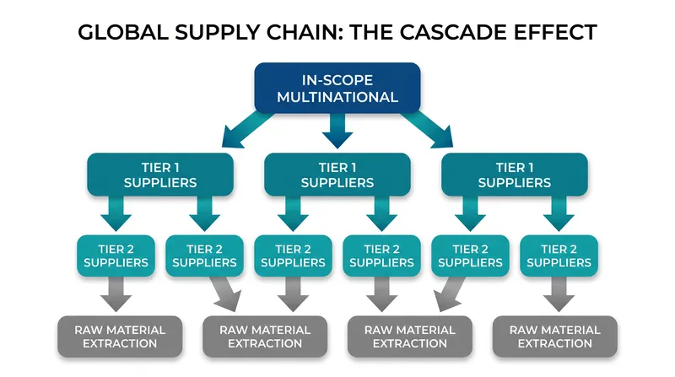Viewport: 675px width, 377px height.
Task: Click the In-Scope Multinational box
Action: [x=337, y=89]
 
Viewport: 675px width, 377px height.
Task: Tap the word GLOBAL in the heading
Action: [x=123, y=32]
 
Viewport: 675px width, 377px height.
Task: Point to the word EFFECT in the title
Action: [x=555, y=32]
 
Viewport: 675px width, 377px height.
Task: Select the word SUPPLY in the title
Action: [x=217, y=32]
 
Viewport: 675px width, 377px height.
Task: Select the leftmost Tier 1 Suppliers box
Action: [x=160, y=175]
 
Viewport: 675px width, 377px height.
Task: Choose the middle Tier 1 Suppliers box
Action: [x=337, y=175]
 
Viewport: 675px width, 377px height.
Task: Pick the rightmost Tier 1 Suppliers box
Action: [x=515, y=175]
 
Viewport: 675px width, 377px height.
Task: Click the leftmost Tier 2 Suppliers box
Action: [x=116, y=256]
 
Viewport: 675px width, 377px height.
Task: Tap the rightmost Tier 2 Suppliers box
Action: [x=559, y=256]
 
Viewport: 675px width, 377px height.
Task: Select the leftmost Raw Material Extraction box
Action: [x=120, y=337]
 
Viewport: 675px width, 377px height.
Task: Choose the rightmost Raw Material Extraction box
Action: [x=555, y=337]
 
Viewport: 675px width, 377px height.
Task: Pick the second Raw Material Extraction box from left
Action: [x=265, y=337]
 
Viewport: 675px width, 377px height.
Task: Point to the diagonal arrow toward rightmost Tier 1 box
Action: [x=429, y=130]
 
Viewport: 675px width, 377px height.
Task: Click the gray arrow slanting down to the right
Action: [x=224, y=294]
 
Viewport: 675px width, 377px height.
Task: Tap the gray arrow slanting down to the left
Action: [x=450, y=294]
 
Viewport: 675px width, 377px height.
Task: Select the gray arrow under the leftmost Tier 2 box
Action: [x=116, y=294]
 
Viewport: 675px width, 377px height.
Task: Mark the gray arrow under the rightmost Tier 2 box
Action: [x=559, y=294]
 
